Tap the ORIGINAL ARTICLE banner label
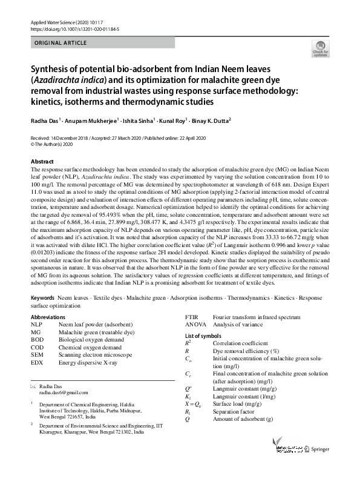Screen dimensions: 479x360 tap(61, 43)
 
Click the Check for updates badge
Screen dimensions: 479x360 tap(319, 48)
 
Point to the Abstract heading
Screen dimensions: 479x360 tap(44, 162)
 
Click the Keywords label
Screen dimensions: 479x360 tap(43, 299)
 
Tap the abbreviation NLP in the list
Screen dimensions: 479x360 tap(36, 325)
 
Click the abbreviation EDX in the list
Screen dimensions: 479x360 tap(37, 362)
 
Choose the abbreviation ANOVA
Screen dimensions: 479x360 tap(195, 325)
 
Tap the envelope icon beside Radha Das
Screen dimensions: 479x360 tap(33, 386)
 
